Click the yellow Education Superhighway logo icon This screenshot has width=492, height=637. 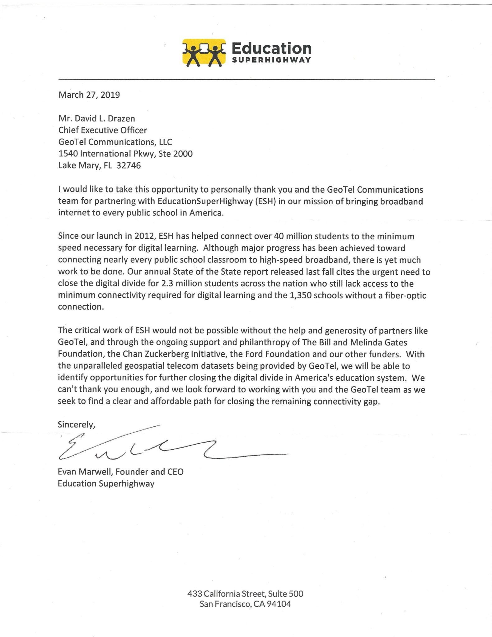click(204, 52)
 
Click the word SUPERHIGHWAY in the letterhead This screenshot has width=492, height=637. click(271, 60)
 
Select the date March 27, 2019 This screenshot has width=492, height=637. click(89, 95)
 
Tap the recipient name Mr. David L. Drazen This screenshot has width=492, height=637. click(97, 119)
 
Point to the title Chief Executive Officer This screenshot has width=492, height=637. click(103, 130)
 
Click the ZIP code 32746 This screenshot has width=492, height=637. click(129, 165)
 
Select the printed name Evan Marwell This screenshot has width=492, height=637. click(85, 472)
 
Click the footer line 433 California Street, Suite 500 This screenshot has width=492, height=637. click(245, 594)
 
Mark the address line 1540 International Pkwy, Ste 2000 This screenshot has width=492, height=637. click(125, 154)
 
